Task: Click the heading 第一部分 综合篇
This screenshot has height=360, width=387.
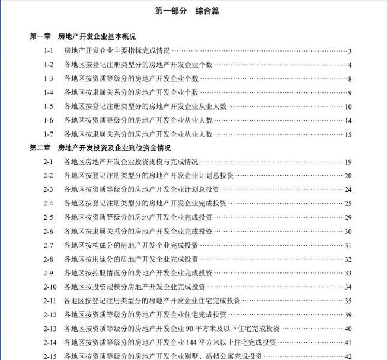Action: (x=193, y=11)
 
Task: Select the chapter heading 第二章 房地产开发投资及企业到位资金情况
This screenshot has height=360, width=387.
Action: (x=100, y=148)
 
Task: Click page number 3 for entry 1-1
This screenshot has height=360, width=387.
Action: (x=350, y=51)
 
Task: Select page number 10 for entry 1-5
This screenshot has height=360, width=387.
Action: (x=348, y=107)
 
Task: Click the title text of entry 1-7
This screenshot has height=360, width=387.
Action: (x=138, y=134)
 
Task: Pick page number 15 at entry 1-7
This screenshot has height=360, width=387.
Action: (x=348, y=134)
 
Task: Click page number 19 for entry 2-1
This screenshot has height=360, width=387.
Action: (x=348, y=162)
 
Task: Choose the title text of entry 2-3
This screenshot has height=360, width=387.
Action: (x=142, y=189)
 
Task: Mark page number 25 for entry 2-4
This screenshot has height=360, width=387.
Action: (x=348, y=204)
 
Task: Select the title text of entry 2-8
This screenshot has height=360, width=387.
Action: (x=131, y=259)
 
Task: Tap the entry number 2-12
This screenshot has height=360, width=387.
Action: (x=50, y=314)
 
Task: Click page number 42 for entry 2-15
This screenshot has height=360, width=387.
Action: (x=348, y=356)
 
